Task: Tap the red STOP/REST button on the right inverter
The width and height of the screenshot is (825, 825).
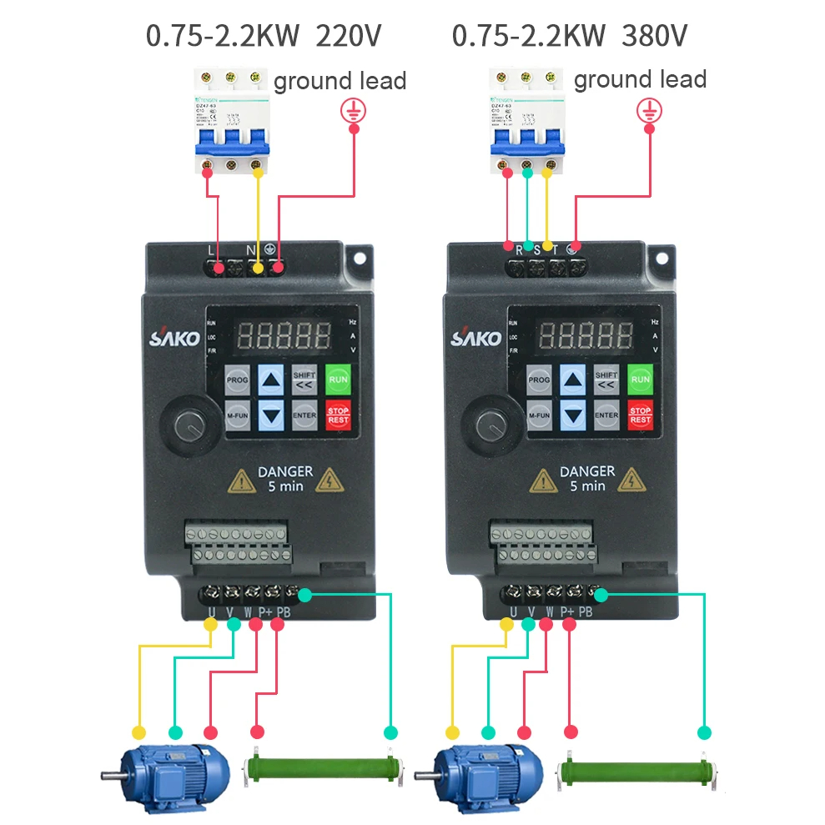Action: (x=640, y=415)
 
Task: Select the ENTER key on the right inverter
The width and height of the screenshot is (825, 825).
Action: (x=606, y=415)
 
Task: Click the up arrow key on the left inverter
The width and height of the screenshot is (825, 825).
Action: (x=270, y=380)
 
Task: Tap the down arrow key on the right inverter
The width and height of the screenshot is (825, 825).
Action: (x=572, y=415)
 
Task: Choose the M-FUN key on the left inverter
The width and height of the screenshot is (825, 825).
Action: (x=237, y=415)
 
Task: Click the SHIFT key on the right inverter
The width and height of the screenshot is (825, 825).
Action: (x=606, y=380)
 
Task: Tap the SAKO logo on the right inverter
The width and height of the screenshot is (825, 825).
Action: (x=476, y=337)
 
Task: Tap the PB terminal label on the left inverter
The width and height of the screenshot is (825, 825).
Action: (x=284, y=611)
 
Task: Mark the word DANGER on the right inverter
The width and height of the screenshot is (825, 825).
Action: (x=588, y=471)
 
